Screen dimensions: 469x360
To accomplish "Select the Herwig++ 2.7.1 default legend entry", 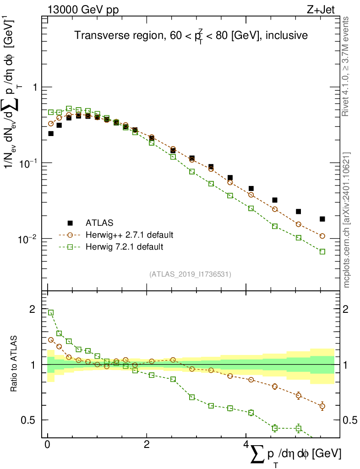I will [129, 235].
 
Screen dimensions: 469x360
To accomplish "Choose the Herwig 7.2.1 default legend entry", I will [124, 247].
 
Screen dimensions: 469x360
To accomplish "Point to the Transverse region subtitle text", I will [191, 35].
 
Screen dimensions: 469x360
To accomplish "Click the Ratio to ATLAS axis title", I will [15, 365].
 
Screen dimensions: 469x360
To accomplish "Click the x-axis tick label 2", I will [147, 445].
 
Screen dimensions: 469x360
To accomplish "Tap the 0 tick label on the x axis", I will [47, 445].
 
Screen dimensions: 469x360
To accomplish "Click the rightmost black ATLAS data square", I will [322, 219].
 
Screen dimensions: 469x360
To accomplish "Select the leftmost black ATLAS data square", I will [51, 134].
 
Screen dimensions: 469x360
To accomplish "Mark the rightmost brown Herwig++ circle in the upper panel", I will [322, 236].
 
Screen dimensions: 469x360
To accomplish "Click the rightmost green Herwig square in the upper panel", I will [322, 251].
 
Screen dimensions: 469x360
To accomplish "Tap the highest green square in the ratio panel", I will [51, 312].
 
